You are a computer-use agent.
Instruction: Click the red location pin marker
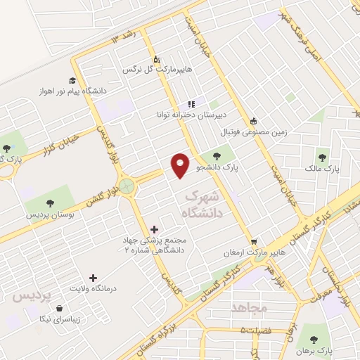coord(181,165)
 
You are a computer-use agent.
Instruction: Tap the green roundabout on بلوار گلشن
coord(127,187)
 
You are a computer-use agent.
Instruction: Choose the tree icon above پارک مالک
coord(323,157)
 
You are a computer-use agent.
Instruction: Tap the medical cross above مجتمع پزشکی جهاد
coord(155,229)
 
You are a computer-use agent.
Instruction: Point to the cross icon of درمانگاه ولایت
coord(93,278)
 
